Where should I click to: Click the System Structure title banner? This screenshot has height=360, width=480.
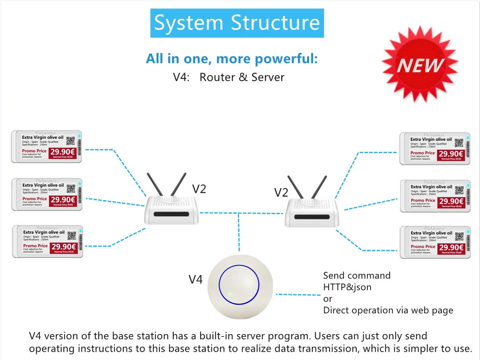click(237, 23)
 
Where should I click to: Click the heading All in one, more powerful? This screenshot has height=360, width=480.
click(232, 59)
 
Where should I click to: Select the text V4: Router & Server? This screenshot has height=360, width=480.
click(229, 77)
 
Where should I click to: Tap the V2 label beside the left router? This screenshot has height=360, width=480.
click(199, 189)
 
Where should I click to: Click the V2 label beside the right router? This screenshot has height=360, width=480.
click(281, 193)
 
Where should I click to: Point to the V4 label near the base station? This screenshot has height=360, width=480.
click(196, 279)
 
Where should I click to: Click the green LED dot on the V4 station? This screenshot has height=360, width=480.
click(230, 295)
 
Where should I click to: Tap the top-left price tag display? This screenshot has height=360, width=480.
click(47, 147)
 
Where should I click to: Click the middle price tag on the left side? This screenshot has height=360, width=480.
click(47, 194)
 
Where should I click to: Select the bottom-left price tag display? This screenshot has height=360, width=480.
click(48, 241)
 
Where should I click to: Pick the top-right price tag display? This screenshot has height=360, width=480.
click(435, 149)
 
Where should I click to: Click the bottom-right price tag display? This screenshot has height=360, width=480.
click(435, 242)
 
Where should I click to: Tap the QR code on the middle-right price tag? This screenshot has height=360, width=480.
click(459, 189)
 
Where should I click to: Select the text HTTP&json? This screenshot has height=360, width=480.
click(347, 287)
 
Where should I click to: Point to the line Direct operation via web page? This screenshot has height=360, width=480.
click(388, 310)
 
